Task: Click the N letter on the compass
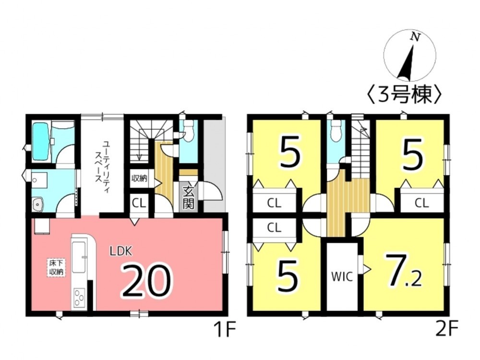pyautogui.click(x=412, y=36)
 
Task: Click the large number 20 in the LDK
pyautogui.click(x=146, y=281)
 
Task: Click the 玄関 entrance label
pyautogui.click(x=188, y=197)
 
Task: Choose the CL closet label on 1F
pyautogui.click(x=139, y=203)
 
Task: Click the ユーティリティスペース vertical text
pyautogui.click(x=101, y=166)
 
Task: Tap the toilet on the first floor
pyautogui.click(x=188, y=130)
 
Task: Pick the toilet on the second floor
pyautogui.click(x=336, y=130)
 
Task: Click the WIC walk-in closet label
pyautogui.click(x=342, y=276)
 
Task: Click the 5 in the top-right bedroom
pyautogui.click(x=413, y=156)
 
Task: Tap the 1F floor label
pyautogui.click(x=224, y=331)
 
